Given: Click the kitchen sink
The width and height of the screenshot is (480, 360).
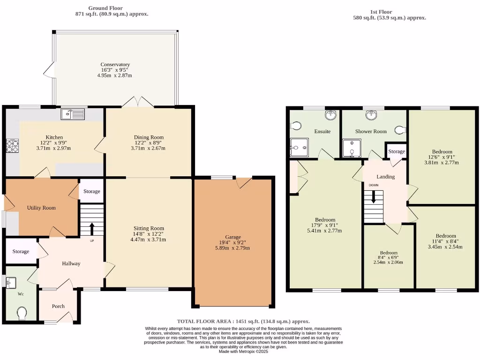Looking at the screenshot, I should coord(72,113).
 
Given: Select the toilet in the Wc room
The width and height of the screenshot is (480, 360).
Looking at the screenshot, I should coord(22,313).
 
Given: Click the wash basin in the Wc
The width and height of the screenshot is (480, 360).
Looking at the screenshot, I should coord(11,281).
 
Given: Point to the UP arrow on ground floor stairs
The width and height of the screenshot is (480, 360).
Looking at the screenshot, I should coord(91,229).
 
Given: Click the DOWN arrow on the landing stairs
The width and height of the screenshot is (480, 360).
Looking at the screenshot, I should coord(374,197).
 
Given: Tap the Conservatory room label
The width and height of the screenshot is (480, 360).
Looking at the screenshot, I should coord(115,65).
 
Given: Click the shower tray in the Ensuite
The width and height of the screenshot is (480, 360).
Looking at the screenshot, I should coord(299,147).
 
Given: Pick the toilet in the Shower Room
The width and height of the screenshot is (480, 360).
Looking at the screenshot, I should coord(400,130).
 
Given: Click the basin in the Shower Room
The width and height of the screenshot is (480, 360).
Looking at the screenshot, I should coord(373,114).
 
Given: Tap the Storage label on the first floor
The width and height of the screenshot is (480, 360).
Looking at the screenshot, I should coord(396,151).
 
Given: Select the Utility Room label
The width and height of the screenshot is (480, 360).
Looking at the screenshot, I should coord(41,208).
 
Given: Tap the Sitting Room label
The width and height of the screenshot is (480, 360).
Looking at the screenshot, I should coord(148,228).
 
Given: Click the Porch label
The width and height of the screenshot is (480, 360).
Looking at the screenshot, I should coord(58,306).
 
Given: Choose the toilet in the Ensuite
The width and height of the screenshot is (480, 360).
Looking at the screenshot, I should coord(295,126).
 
